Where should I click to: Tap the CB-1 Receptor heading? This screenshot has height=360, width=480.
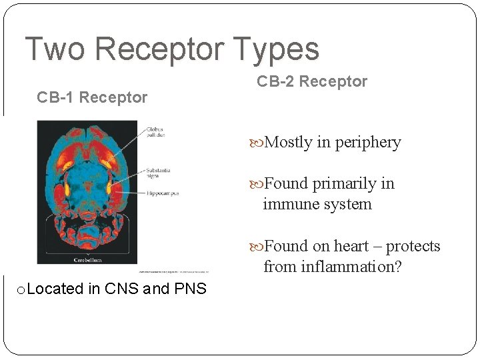tap(92, 97)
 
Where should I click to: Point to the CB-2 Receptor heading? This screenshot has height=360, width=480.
tap(312, 81)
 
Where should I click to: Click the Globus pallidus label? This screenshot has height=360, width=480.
tap(155, 131)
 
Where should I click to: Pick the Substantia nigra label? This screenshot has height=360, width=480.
tap(158, 173)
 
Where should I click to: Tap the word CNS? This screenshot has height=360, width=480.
tap(121, 289)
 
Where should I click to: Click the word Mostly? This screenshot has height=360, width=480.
tap(289, 143)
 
